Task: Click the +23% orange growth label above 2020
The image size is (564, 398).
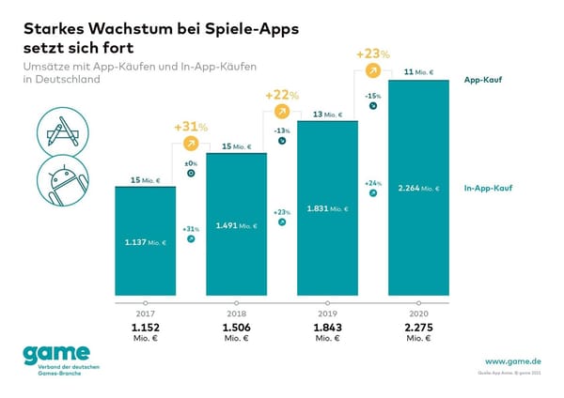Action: (372, 54)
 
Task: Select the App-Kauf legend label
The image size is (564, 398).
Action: (483, 81)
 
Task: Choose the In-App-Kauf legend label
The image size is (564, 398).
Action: (489, 189)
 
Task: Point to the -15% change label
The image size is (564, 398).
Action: (372, 94)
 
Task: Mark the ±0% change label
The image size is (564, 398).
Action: (191, 163)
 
